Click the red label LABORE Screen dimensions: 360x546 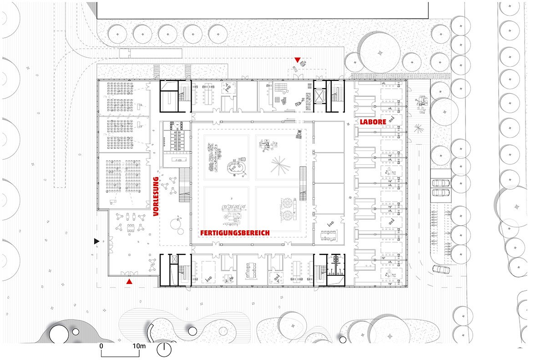point(373,122)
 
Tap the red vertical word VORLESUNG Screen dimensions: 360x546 point(156,196)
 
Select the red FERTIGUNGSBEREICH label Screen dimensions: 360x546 point(235,233)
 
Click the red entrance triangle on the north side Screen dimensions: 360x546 point(298,60)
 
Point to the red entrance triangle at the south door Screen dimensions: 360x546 point(129,283)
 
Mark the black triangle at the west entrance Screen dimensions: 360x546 point(96,240)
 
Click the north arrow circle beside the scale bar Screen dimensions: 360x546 point(164,350)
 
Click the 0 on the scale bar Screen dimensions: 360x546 point(101,346)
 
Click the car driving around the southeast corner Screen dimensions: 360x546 point(441,269)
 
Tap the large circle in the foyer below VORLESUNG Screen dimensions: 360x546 point(177,224)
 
